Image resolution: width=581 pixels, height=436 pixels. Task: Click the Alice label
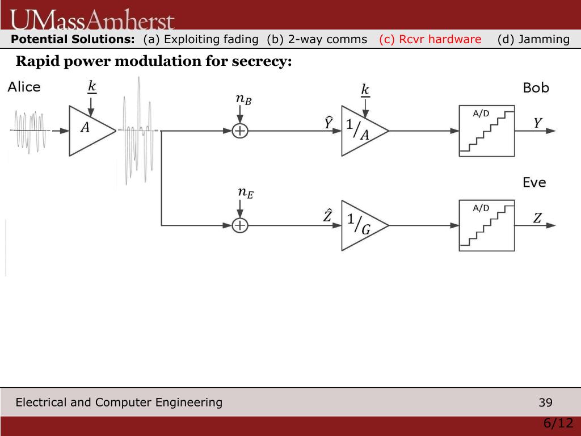(x=24, y=87)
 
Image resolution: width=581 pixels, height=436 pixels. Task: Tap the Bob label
(x=536, y=88)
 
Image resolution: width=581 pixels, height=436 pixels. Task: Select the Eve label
(x=534, y=182)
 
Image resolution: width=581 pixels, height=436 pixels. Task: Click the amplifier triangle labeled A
(x=89, y=131)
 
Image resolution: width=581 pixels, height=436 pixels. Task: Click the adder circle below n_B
(x=241, y=131)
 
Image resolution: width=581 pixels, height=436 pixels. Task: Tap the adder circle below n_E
(x=241, y=225)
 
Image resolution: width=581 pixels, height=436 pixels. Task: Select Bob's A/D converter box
(x=486, y=131)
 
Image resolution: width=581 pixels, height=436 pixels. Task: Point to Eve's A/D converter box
(x=486, y=225)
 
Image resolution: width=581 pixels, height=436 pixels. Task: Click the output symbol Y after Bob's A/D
(x=537, y=123)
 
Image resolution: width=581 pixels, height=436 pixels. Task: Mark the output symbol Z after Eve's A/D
(x=537, y=218)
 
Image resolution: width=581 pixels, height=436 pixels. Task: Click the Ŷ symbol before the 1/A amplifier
(x=329, y=122)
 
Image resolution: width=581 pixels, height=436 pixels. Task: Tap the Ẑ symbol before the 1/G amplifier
(x=328, y=216)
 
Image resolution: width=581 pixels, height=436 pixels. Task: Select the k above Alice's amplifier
(x=91, y=87)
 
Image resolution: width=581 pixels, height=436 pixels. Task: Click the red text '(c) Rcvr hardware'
(x=430, y=39)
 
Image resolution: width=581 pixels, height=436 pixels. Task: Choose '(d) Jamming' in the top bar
(x=533, y=39)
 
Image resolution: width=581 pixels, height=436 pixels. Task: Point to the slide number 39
(x=545, y=403)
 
